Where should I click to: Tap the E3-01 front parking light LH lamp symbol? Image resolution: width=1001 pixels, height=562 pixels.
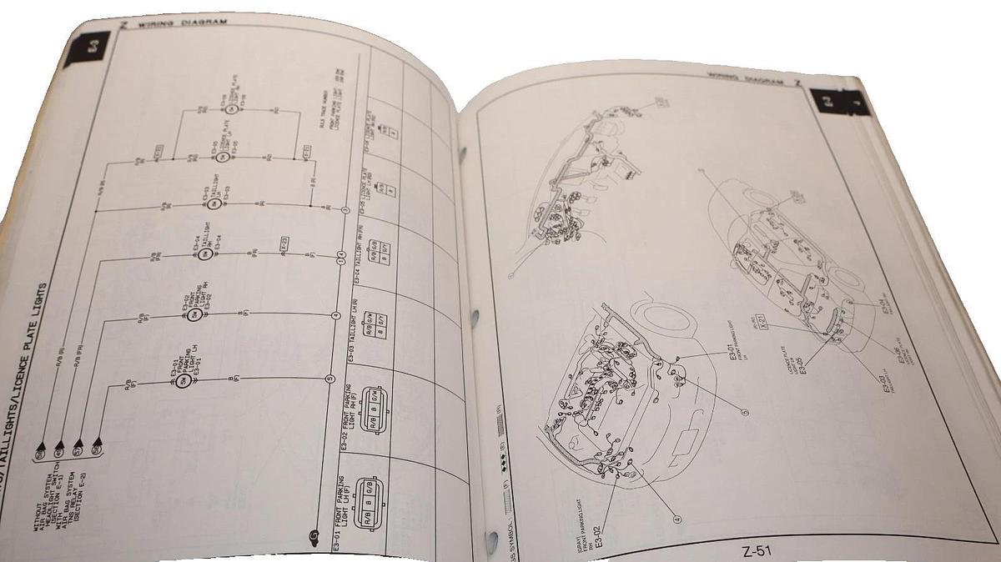point(179,384)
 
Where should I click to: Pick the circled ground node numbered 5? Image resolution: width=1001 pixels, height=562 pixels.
point(329,379)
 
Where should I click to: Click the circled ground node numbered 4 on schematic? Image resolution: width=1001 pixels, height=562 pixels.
point(335,315)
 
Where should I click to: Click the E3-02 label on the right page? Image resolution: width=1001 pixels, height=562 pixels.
point(598,531)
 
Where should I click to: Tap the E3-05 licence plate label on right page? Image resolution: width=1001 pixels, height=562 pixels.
point(802,368)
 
